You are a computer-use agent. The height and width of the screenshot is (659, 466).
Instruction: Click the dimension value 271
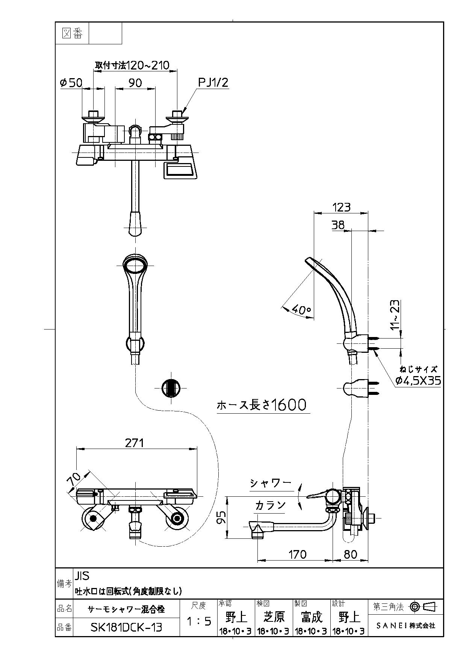[134, 443]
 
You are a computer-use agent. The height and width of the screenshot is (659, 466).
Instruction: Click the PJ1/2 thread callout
[213, 82]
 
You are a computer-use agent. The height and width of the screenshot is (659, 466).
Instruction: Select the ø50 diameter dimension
[71, 82]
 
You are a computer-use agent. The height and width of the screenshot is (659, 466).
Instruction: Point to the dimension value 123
[341, 207]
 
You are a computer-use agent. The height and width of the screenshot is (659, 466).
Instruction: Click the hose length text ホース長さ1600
[262, 405]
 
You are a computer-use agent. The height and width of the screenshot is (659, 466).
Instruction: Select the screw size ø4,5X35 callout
[418, 381]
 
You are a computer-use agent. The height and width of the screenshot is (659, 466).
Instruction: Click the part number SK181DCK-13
[126, 627]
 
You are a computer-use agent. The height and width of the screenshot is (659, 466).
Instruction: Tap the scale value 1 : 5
[199, 621]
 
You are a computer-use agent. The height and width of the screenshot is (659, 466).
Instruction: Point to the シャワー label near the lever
[271, 483]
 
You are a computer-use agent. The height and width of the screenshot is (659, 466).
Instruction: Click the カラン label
[271, 505]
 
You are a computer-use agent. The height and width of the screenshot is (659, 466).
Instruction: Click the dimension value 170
[297, 554]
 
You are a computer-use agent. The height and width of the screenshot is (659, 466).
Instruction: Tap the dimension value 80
[350, 554]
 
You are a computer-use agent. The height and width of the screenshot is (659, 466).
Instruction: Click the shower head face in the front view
[136, 265]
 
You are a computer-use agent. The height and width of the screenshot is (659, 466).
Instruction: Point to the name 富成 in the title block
[312, 617]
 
